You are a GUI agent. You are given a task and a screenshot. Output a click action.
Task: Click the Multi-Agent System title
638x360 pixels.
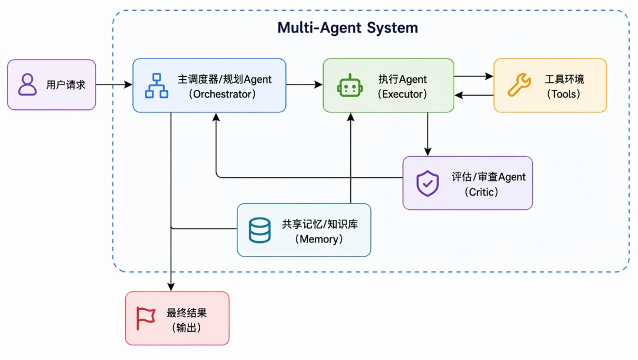click(x=347, y=28)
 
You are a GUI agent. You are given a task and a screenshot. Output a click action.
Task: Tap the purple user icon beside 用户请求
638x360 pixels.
click(x=27, y=85)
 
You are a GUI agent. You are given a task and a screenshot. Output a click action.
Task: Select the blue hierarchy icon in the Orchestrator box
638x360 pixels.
click(x=157, y=86)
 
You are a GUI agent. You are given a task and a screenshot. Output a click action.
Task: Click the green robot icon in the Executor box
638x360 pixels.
click(x=350, y=86)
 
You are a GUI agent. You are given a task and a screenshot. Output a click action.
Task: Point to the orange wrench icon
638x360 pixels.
click(x=519, y=85)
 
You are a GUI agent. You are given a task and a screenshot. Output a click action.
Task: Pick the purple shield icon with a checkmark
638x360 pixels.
click(x=427, y=183)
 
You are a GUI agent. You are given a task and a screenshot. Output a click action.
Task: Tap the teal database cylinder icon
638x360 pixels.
click(x=259, y=230)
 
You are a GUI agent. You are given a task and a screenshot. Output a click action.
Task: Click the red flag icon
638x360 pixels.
click(x=145, y=318)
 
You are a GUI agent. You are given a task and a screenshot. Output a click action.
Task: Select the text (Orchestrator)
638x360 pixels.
click(x=222, y=94)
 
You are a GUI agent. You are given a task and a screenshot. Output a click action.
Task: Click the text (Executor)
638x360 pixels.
click(x=402, y=94)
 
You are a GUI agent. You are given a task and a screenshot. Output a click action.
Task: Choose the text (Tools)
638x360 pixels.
click(x=564, y=94)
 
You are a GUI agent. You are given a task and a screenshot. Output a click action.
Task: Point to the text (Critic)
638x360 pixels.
click(x=481, y=192)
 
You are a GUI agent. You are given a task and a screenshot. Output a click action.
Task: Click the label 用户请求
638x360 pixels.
click(x=66, y=85)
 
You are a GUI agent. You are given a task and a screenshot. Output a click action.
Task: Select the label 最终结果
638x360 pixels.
click(x=187, y=313)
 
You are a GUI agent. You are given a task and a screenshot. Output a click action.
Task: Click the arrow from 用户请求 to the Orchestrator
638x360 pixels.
click(x=114, y=85)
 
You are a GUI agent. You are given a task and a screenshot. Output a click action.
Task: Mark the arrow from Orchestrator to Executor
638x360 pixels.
click(x=304, y=85)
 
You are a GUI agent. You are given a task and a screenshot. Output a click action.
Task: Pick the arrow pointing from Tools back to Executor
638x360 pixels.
click(x=474, y=95)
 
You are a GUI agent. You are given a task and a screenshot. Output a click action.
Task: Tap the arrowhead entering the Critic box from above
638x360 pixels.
click(x=428, y=151)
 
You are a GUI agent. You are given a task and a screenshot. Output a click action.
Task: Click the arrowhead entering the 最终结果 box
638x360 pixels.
click(x=171, y=287)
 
